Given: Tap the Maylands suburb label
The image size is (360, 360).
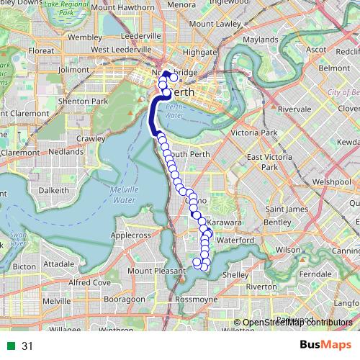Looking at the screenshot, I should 260,39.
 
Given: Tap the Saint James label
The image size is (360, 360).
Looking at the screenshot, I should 282,209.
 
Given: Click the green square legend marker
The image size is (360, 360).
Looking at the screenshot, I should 11,346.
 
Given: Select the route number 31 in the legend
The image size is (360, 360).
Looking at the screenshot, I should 28,346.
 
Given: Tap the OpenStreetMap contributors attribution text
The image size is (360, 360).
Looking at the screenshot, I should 297,323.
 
